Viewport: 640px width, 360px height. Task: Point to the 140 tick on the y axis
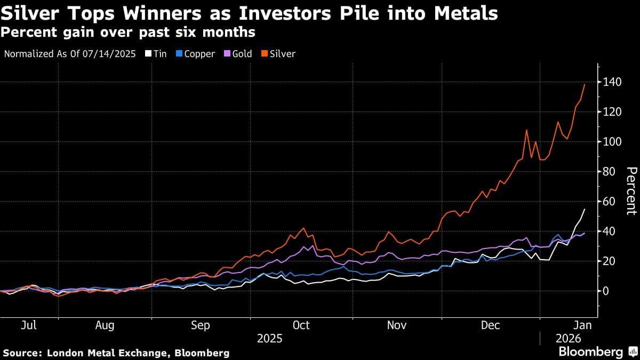point(609,82)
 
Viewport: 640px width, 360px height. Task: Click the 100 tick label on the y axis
point(609,142)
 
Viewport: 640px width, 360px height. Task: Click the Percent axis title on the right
point(631,190)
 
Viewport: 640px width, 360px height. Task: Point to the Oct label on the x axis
point(301,325)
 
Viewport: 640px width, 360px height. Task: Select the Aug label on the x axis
point(105,325)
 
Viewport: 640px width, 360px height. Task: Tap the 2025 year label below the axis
point(270,338)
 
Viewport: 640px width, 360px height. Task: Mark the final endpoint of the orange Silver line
point(585,84)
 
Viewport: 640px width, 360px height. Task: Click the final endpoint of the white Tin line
point(585,209)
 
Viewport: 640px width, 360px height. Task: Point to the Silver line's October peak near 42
point(304,228)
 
